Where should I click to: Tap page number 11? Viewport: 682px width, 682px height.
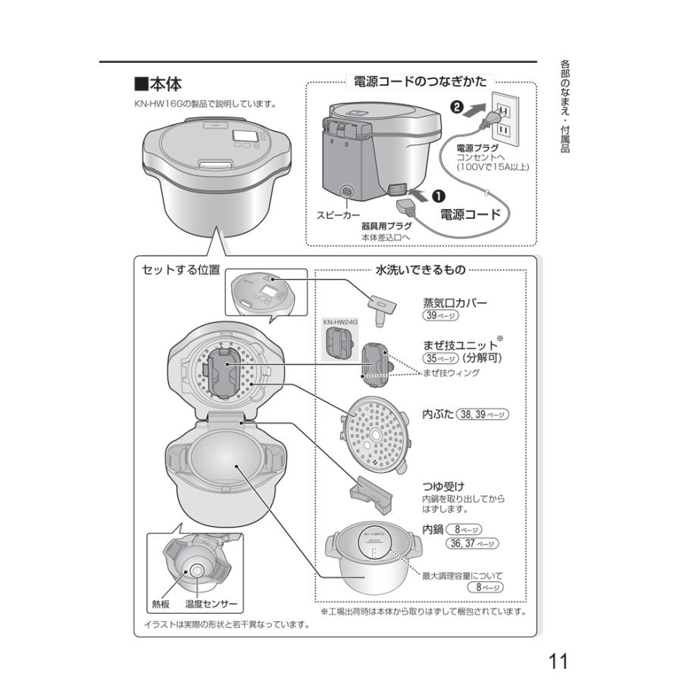(x=558, y=661)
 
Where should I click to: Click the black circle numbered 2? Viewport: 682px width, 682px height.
(x=457, y=107)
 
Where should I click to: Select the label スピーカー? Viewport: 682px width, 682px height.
(x=339, y=216)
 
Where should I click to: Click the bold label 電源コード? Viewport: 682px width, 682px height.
(x=471, y=214)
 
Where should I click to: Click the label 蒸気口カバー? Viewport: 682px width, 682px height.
(x=455, y=303)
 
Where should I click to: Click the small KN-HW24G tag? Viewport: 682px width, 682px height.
(x=340, y=322)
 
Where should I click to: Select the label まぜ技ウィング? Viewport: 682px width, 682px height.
(x=451, y=373)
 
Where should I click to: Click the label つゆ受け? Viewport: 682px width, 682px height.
(x=443, y=486)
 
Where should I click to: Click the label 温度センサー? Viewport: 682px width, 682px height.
(x=211, y=605)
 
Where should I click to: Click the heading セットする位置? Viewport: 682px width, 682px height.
(x=181, y=270)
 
